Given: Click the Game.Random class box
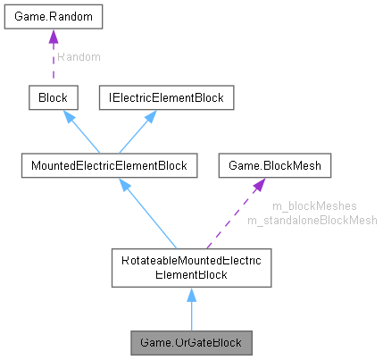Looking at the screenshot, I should coord(53,18).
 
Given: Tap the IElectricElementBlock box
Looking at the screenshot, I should coord(166,96).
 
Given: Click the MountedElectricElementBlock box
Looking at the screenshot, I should coord(108,164).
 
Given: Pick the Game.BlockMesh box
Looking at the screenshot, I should coord(276,164).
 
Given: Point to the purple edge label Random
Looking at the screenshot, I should coord(79,56).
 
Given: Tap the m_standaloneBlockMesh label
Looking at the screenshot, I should coord(312,220).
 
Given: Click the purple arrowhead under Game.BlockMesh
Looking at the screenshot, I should coord(260,184).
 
